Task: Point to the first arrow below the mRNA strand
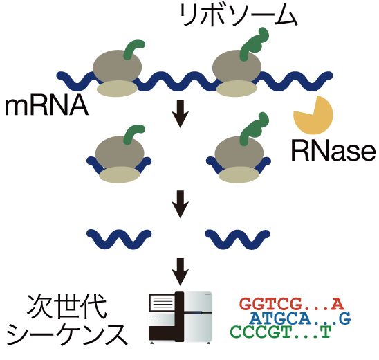181,115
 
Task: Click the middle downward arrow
181,202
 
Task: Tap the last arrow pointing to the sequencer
181,271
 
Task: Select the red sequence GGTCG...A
290,303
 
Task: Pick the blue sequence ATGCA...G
299,318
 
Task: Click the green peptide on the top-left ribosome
133,50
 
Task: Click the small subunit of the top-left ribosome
116,89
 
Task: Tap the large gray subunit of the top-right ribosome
237,66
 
